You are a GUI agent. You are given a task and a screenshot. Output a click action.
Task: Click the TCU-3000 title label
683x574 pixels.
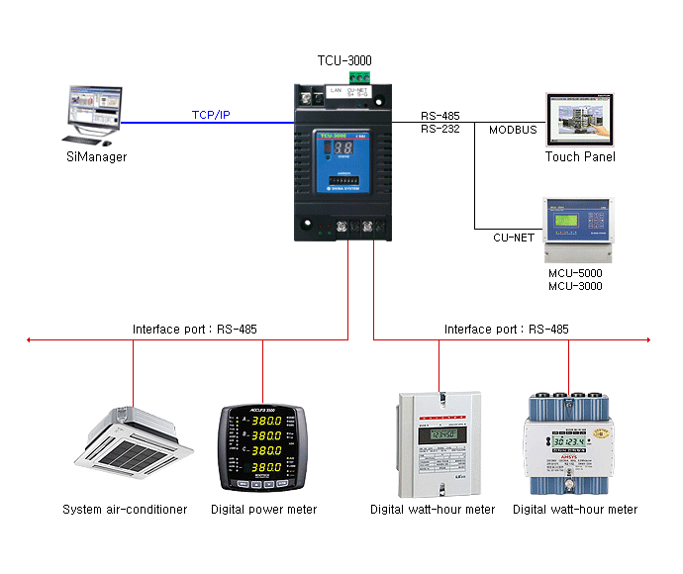coord(344,60)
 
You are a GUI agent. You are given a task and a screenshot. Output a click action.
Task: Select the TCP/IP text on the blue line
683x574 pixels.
coord(211,115)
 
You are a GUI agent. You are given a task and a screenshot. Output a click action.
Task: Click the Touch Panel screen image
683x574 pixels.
coord(580,120)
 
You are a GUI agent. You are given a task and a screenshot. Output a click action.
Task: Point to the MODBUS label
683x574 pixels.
coord(513,130)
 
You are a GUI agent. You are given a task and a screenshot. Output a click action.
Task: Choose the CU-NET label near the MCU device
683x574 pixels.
coord(514,238)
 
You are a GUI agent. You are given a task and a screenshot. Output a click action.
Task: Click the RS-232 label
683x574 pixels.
coord(439,129)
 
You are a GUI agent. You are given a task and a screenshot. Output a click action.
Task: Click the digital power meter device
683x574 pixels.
coord(262,450)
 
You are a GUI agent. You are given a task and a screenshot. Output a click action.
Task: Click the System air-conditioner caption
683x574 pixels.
coord(125,510)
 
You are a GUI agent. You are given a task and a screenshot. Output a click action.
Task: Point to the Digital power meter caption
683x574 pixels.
coord(263,510)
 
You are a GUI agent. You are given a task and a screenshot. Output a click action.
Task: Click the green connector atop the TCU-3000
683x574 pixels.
coord(358,77)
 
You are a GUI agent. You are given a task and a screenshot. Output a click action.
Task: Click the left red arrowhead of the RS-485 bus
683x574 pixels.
coord(31,340)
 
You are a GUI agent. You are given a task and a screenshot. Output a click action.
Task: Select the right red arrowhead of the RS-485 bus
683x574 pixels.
coord(648,340)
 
